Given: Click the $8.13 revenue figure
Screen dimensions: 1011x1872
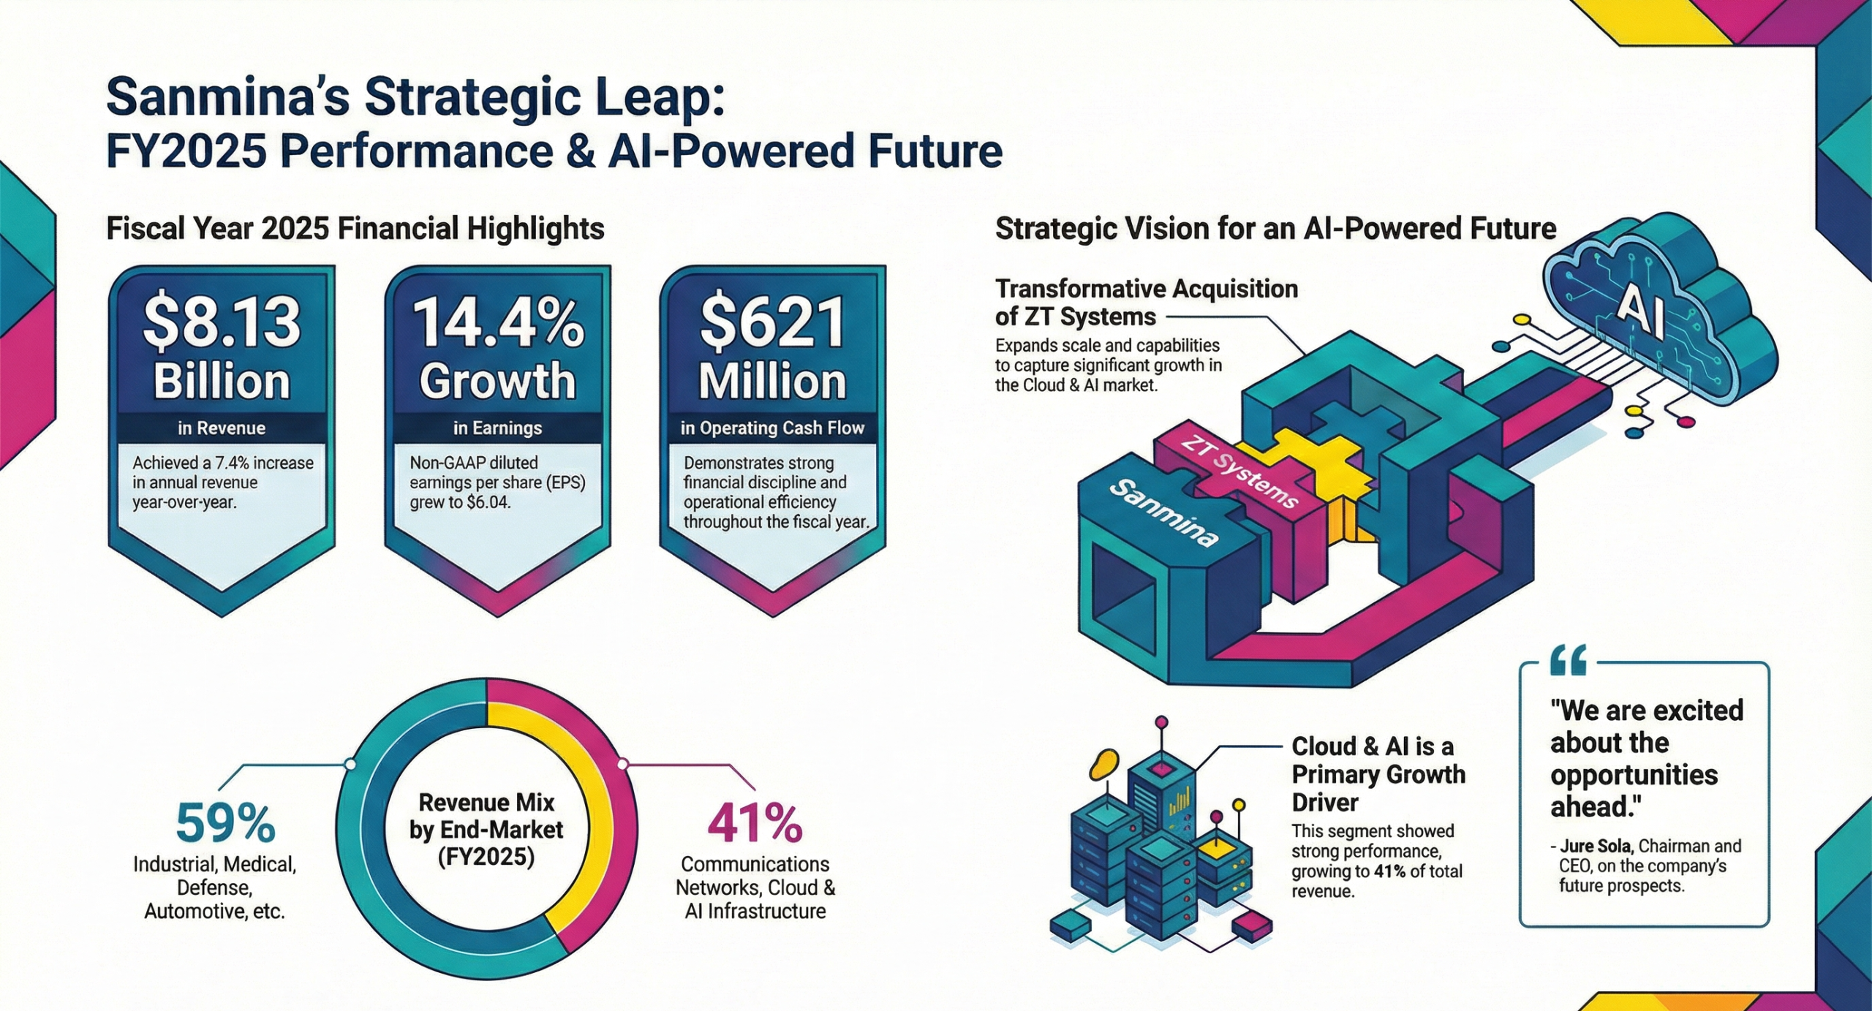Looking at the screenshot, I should click(222, 322).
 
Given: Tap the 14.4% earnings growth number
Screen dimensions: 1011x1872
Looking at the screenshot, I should click(498, 322).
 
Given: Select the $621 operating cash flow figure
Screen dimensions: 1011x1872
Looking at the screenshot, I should click(772, 322).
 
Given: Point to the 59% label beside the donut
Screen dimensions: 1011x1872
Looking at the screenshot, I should click(225, 823).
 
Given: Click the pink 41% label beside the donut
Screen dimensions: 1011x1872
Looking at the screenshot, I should click(755, 823).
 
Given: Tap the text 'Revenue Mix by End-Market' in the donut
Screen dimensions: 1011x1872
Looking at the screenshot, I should click(486, 817).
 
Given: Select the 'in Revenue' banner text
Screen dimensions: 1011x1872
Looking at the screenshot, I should click(222, 428).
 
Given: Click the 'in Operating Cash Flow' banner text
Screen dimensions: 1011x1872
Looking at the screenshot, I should click(772, 428).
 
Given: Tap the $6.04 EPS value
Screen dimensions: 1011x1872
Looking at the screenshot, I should click(486, 502).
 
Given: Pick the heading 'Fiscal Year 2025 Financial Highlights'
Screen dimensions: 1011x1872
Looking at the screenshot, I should click(355, 228).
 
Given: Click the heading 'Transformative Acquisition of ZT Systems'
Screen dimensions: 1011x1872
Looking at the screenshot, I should click(1146, 303).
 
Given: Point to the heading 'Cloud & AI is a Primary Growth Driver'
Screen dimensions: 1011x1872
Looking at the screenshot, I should click(1378, 774).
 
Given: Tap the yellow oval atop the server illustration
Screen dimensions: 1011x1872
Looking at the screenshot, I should click(1103, 765).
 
